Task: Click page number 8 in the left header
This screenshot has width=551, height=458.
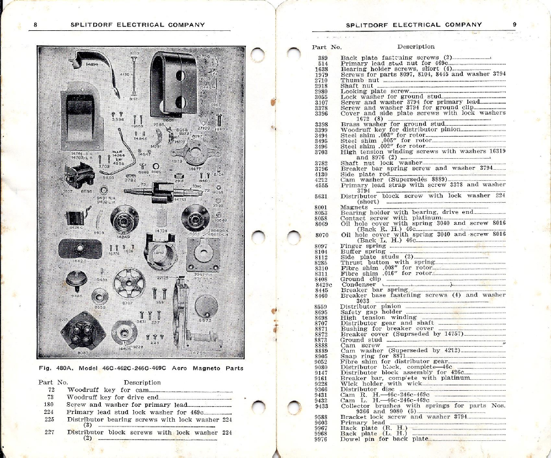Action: tap(35, 25)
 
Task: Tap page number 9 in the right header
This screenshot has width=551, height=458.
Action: tap(514, 25)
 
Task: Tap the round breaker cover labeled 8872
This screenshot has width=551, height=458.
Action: tap(206, 306)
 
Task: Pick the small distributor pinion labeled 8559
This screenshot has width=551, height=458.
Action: tap(100, 297)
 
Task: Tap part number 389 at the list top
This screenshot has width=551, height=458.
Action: tap(324, 57)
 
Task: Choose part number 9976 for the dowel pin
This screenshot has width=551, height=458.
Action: tap(320, 439)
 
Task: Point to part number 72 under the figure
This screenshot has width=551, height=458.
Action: tap(51, 389)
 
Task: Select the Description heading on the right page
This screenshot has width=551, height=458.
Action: tap(415, 46)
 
